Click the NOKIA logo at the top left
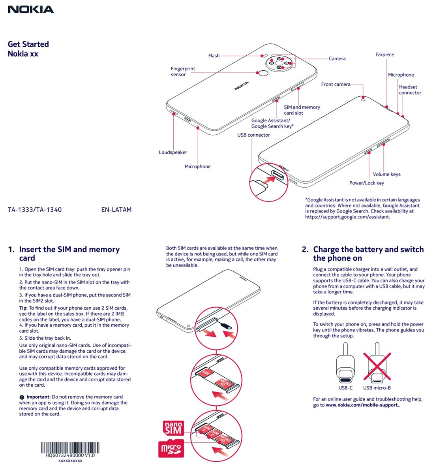31,9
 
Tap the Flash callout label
214,56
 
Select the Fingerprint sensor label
183,71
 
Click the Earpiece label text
384,55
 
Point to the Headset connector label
410,90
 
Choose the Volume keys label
386,174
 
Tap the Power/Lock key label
366,183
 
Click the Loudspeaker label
173,152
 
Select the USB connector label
253,135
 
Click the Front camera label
336,84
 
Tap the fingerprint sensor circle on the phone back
263,73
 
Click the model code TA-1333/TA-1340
35,210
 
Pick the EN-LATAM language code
116,210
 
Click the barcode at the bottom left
70,448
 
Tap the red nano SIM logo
173,428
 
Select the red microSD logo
171,449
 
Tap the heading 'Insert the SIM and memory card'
69,254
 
